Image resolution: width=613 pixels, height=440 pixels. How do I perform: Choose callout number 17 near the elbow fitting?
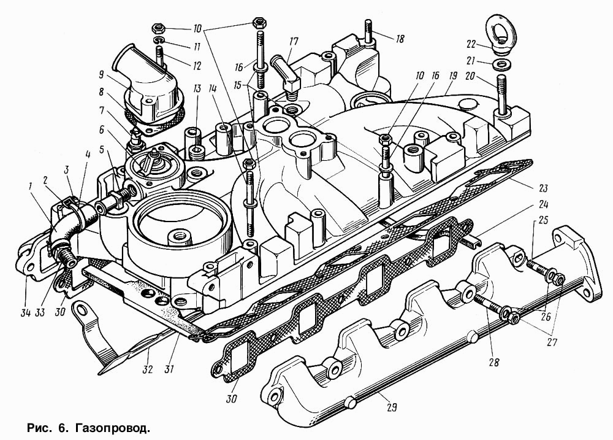[293, 42]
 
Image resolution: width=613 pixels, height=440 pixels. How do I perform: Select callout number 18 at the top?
[400, 39]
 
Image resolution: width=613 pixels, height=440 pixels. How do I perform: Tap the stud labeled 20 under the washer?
[502, 91]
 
